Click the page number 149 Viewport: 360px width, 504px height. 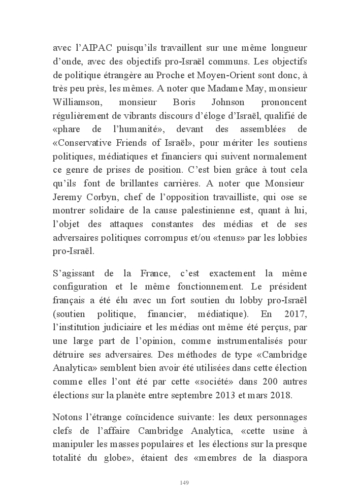tap(184, 482)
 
